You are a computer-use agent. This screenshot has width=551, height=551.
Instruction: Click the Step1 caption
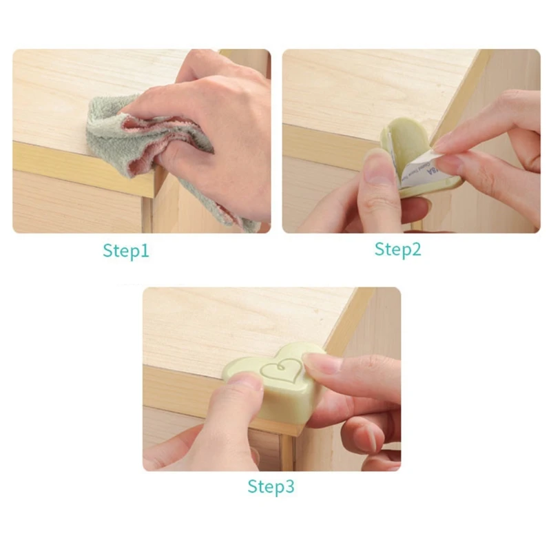pyautogui.click(x=126, y=250)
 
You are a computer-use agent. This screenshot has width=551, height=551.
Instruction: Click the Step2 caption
pyautogui.click(x=397, y=249)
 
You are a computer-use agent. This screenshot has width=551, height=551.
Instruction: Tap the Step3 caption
pyautogui.click(x=271, y=487)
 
